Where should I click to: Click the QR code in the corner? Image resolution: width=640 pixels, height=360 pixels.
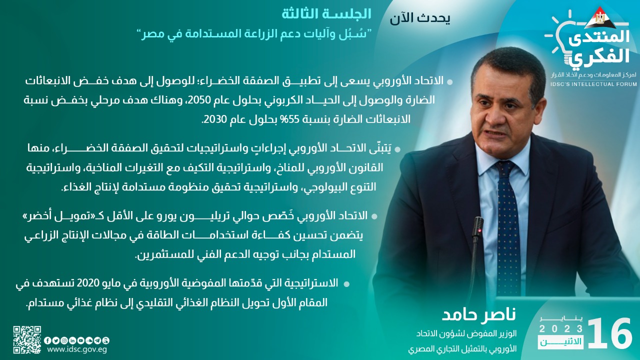[x=27, y=339]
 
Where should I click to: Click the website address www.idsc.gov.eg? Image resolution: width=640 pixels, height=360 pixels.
[x=77, y=350]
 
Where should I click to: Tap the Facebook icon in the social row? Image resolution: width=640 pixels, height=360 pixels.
[x=47, y=340]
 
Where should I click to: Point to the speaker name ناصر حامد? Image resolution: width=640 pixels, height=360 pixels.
[x=479, y=314]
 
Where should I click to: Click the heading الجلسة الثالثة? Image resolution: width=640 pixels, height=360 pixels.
[x=326, y=14]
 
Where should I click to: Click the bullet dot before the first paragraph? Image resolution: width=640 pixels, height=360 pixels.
[x=450, y=82]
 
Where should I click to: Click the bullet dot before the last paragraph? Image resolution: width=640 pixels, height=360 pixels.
[x=346, y=284]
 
